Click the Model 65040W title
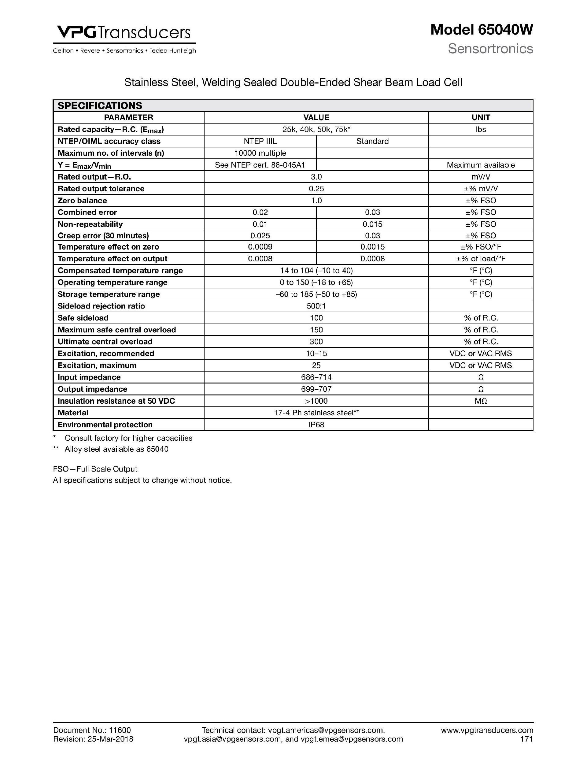(481, 30)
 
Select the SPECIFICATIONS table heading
(100, 106)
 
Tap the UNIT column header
(481, 117)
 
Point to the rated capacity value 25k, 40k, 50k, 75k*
(316, 129)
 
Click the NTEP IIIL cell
(260, 141)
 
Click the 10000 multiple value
(260, 153)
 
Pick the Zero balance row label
(82, 201)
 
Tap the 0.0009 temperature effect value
(260, 247)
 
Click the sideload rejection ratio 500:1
(316, 306)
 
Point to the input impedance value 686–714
(316, 377)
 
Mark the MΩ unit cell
(481, 401)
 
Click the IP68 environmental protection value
(316, 425)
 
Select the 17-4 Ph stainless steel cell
(316, 413)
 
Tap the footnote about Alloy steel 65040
(116, 449)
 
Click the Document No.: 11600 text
(92, 730)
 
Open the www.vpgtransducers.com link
(487, 730)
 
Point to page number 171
(526, 739)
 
